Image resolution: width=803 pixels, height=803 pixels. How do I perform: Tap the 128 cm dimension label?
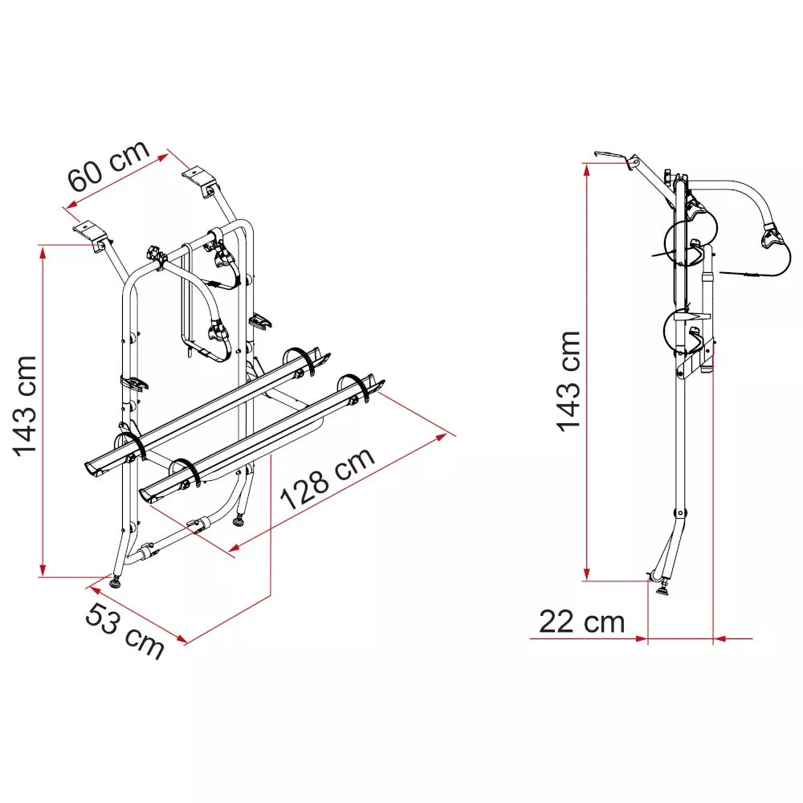(328, 478)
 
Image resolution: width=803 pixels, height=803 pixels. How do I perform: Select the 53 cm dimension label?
(124, 630)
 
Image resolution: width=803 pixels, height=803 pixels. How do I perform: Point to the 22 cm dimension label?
(581, 622)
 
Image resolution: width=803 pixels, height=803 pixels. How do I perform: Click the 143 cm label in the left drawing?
(25, 406)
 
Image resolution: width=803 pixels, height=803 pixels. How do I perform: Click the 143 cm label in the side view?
(569, 381)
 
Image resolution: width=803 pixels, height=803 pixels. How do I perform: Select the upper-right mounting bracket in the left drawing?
(199, 179)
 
